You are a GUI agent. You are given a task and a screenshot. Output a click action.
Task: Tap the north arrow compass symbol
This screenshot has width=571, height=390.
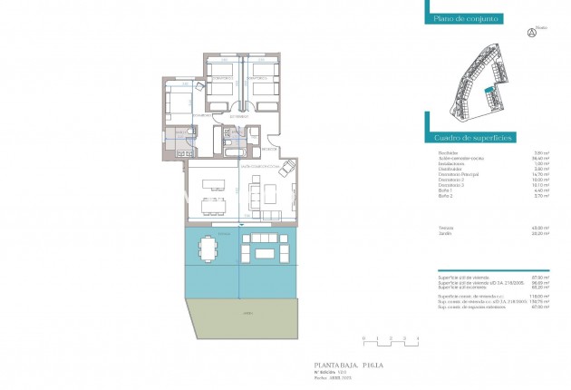point(531,33)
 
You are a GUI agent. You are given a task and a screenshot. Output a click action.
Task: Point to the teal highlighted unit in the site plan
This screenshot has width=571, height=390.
point(490,89)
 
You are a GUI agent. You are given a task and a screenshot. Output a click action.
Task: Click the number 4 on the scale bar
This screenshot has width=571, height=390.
point(417,337)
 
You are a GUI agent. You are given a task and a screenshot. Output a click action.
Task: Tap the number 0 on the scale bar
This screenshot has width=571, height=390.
point(363,337)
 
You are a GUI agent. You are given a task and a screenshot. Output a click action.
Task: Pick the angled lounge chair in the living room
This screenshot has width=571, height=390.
point(287,170)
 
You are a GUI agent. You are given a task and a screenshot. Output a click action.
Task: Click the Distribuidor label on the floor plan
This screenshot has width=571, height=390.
point(239,118)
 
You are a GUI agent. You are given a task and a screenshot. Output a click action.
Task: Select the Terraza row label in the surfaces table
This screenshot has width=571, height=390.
point(445,227)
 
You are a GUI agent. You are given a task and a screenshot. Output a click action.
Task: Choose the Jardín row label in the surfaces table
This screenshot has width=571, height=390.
point(444,233)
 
